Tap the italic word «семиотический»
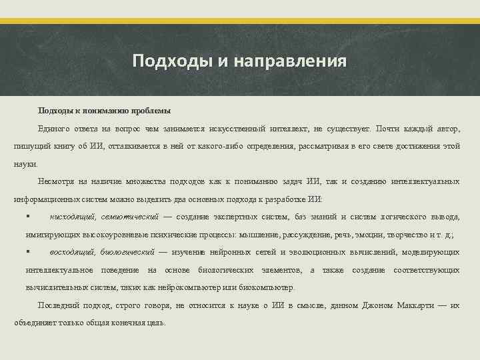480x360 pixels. pyautogui.click(x=131, y=217)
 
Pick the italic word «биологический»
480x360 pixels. pyautogui.click(x=127, y=252)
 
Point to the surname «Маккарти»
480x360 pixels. pyautogui.click(x=414, y=305)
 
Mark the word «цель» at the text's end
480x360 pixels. pyautogui.click(x=157, y=323)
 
